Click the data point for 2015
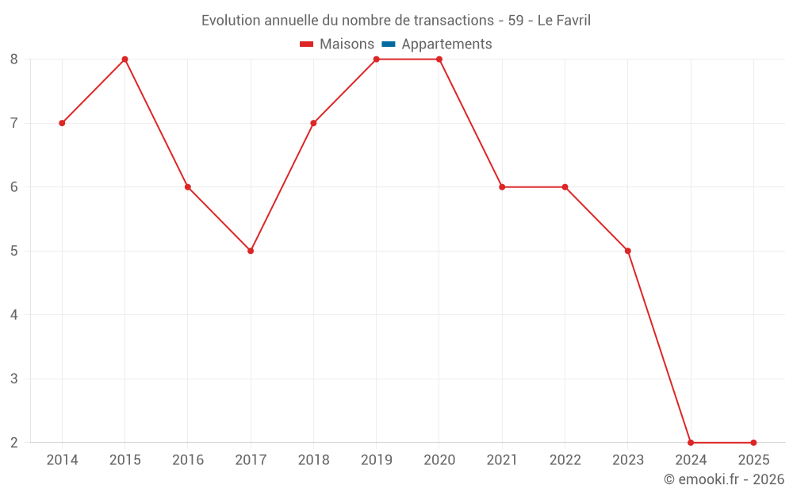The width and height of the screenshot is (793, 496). point(125,60)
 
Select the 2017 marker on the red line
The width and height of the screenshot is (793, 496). point(251,251)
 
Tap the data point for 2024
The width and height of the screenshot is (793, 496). point(691,442)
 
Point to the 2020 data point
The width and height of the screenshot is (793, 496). point(439,60)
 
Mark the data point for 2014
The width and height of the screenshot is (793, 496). point(62,123)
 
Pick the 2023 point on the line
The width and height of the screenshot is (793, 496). point(628,251)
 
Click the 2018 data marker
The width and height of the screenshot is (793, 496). point(313,123)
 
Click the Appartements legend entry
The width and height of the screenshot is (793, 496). point(446,44)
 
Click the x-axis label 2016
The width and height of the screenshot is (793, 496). point(188,460)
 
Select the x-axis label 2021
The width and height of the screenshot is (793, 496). point(502,460)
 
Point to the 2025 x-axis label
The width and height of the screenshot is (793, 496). point(753,460)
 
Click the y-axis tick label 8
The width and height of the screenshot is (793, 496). point(14,60)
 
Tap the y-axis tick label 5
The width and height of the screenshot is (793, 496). point(14,251)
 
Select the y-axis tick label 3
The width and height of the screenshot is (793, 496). point(14,379)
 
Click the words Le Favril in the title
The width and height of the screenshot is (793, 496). point(564,21)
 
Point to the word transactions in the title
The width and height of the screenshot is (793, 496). point(449,21)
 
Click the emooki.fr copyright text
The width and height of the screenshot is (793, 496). point(724,479)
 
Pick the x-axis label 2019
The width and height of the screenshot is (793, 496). point(376,460)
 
